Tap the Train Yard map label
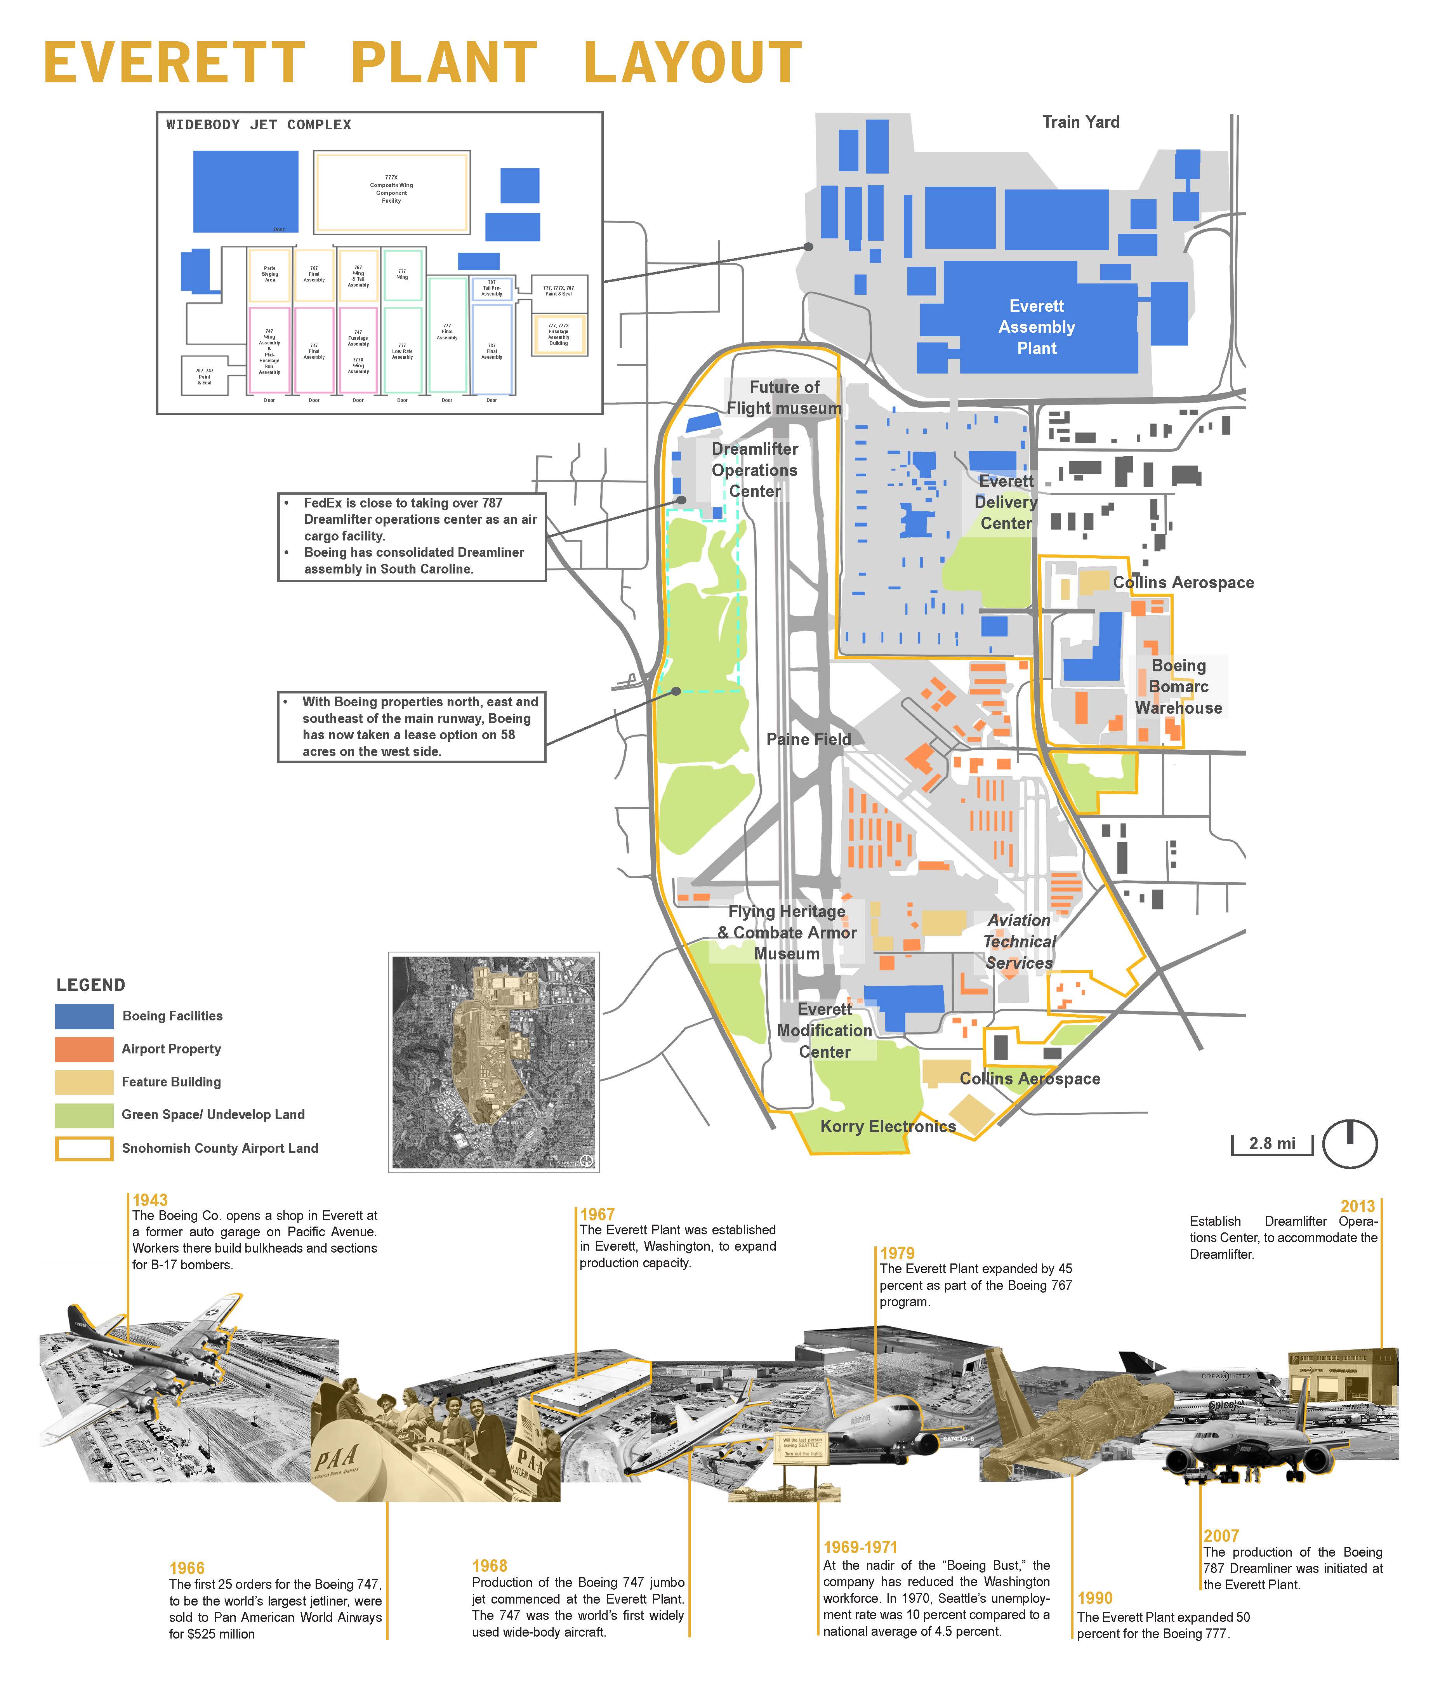click(x=1080, y=122)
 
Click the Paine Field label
click(x=808, y=739)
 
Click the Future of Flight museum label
click(x=784, y=398)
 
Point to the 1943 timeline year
click(x=150, y=1200)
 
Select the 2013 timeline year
click(x=1357, y=1206)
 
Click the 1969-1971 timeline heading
click(x=860, y=1547)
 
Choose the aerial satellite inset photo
click(x=494, y=1062)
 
